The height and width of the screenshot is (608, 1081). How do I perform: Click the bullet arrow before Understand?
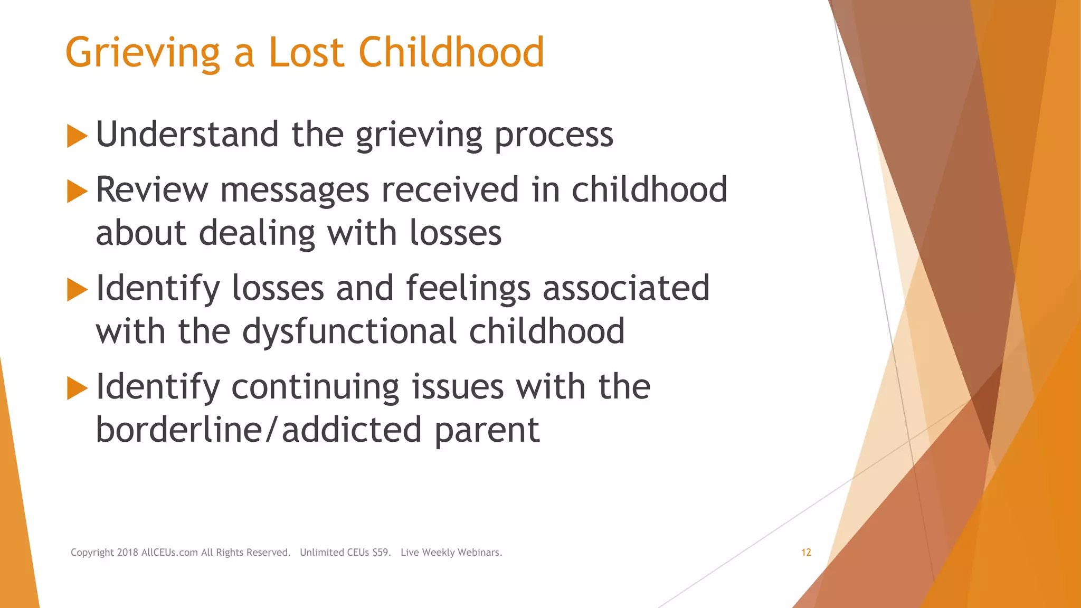(77, 136)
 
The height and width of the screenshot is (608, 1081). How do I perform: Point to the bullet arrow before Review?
(77, 191)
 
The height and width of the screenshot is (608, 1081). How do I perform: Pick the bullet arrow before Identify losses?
(77, 290)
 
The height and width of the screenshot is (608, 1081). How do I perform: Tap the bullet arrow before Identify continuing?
(77, 388)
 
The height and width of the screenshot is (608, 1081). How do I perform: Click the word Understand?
(187, 135)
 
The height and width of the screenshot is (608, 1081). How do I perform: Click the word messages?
(295, 190)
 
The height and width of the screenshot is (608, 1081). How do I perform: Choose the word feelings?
(468, 289)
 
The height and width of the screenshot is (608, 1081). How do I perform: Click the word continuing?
(315, 387)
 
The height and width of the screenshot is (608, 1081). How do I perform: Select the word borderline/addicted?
(259, 430)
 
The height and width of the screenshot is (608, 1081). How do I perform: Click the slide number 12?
(806, 553)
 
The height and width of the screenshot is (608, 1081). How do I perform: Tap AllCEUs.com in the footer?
(169, 553)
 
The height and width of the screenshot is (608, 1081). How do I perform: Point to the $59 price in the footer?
(381, 553)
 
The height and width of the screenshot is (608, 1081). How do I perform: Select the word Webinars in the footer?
(480, 553)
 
